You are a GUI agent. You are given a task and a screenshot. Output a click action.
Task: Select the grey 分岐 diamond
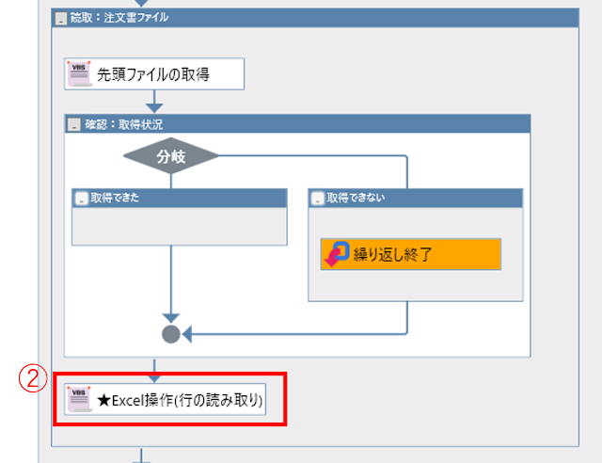coord(170,156)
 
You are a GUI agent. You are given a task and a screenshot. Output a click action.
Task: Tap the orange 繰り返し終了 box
coord(410,253)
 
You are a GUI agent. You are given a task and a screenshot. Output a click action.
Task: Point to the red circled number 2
coord(33,378)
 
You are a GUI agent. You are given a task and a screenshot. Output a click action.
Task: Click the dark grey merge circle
coord(170,333)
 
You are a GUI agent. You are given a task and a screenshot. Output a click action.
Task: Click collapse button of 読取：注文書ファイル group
coord(60,18)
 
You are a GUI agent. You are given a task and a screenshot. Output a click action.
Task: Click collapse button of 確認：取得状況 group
coord(74,124)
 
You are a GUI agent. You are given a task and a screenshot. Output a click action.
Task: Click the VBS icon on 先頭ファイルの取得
coord(80,73)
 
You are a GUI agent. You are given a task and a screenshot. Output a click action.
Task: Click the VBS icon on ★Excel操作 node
coord(80,400)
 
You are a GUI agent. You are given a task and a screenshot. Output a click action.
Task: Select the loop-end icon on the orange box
coord(336,253)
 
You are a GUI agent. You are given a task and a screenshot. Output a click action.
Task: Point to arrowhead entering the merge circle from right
coord(186,333)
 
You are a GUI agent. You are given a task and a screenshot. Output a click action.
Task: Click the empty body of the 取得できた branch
coord(179,226)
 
